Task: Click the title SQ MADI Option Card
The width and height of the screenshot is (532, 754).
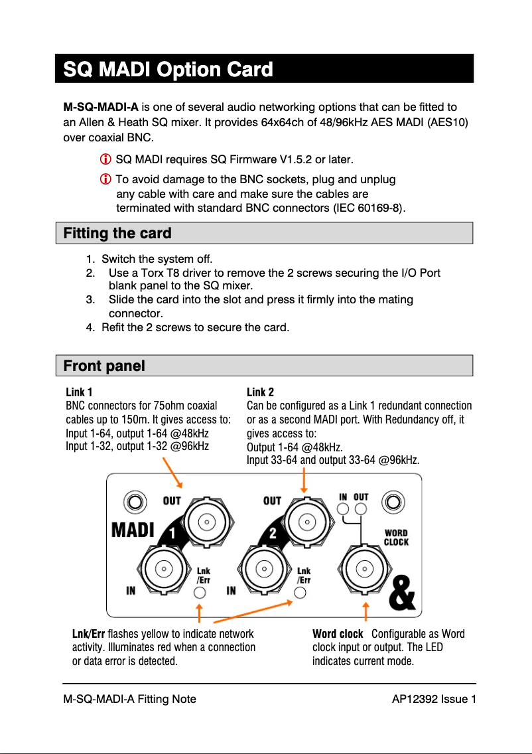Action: coord(167,69)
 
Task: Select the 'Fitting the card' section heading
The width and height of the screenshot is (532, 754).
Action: coord(117,233)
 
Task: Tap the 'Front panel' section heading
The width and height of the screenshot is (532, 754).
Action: coord(104,366)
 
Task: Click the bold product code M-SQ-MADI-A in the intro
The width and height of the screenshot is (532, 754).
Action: coord(101,107)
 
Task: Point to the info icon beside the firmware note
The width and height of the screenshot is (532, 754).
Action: coord(105,160)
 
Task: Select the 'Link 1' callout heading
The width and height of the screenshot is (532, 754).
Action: coord(79,392)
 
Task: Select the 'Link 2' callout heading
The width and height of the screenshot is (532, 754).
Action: coord(260,392)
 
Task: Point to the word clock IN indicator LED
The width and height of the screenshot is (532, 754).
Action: coord(343,509)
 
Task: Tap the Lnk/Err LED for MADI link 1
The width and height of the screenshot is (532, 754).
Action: coord(200,593)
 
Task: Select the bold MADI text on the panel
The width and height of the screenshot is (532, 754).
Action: coord(133,531)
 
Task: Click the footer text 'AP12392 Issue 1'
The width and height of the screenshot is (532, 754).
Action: coord(434,698)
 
